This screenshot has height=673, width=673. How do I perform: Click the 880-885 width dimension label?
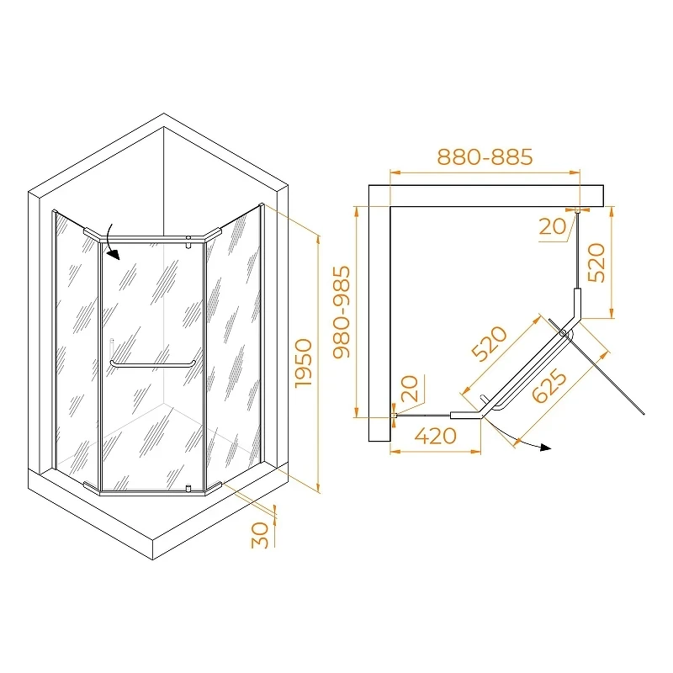tap(485, 156)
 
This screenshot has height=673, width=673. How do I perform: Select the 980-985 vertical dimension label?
tap(342, 312)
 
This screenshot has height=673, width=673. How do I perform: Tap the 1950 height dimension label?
tap(304, 363)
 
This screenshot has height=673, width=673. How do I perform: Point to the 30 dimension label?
tap(260, 535)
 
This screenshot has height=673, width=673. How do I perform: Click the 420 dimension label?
tap(435, 436)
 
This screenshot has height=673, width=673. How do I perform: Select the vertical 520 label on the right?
tap(596, 262)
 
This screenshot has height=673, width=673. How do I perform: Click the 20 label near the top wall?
tap(553, 226)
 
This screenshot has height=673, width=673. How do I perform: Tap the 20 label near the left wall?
tap(409, 389)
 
